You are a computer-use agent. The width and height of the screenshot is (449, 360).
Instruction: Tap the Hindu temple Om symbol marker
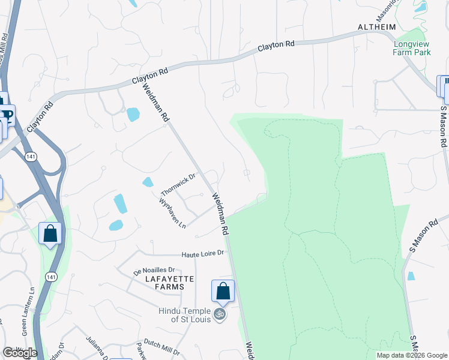coord(220,313)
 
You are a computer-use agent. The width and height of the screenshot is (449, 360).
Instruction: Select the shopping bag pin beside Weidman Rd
coord(223,292)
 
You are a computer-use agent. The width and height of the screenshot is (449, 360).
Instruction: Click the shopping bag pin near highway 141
coord(50,233)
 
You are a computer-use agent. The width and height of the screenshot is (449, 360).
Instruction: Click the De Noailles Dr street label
coord(154,271)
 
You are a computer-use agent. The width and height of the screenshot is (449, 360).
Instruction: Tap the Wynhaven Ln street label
coord(173,214)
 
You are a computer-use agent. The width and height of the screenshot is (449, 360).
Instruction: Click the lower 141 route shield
coord(50,277)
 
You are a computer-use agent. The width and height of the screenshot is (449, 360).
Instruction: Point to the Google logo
coord(19,353)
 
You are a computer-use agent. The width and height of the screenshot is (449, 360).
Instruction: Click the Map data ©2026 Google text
coord(411,355)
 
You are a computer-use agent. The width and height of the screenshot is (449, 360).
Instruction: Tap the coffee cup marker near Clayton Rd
coord(7,114)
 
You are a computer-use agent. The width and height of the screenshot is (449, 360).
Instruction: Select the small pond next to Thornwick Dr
coord(148,182)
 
